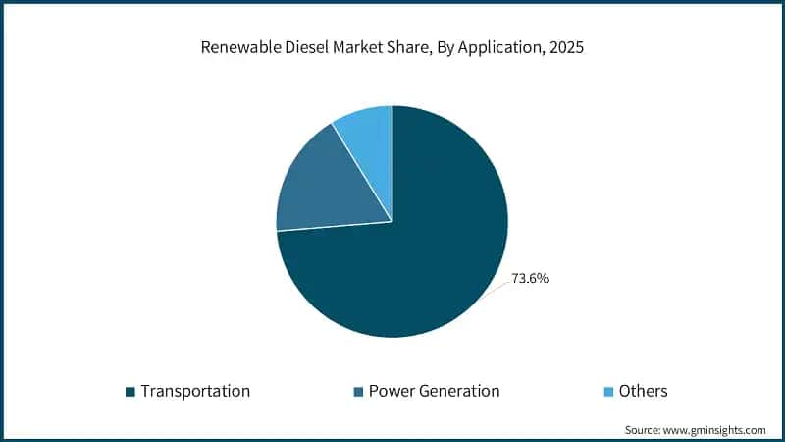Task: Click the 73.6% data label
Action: click(530, 279)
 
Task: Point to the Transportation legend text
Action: click(195, 391)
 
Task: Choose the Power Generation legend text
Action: click(434, 391)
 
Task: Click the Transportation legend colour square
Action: click(130, 392)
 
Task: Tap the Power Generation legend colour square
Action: click(357, 392)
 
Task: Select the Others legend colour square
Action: click(607, 392)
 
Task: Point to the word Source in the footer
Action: click(645, 430)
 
